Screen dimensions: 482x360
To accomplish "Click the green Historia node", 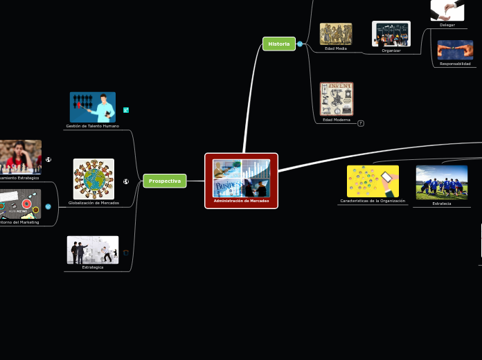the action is [x=279, y=44].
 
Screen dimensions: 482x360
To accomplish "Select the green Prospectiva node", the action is [x=165, y=181].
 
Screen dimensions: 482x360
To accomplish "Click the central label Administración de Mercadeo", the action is [x=241, y=201].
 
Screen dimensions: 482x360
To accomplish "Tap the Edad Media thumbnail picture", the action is [x=336, y=34].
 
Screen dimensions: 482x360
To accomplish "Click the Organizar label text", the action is [x=391, y=51].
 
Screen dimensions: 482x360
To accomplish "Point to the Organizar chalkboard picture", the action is [x=391, y=33].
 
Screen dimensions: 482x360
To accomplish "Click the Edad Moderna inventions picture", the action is [x=337, y=98].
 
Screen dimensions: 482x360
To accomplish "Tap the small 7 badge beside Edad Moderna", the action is [x=361, y=123].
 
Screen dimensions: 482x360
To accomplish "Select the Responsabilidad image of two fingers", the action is [x=455, y=50].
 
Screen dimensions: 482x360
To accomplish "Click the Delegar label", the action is [x=447, y=25].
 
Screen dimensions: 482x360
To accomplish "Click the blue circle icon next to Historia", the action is [x=300, y=44].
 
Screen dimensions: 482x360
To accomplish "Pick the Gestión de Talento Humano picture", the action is [x=93, y=107].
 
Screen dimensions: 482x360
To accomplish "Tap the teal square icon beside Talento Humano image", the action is [x=126, y=110].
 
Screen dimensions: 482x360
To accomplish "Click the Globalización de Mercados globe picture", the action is [x=93, y=179].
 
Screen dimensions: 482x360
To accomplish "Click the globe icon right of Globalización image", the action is [x=126, y=181].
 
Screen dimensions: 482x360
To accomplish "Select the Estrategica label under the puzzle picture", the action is [x=93, y=267].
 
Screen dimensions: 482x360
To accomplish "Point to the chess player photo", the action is [x=20, y=156].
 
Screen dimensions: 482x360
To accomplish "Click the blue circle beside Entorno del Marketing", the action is [x=48, y=206].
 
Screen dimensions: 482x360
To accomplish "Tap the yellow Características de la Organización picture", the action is [x=373, y=181].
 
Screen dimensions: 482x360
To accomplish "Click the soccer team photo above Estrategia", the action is [x=441, y=183].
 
